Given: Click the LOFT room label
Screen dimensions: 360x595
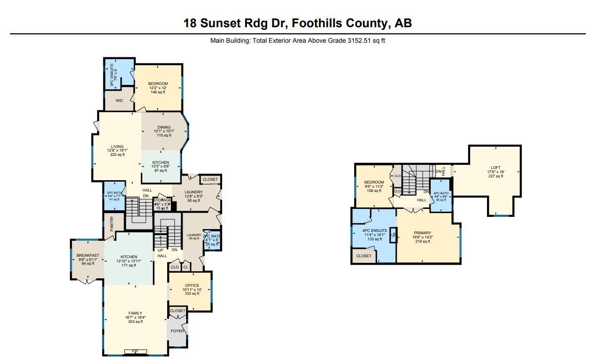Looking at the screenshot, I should [495, 168].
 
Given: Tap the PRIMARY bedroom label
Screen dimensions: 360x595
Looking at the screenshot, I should [422, 233].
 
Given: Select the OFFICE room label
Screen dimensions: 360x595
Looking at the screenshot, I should [192, 285].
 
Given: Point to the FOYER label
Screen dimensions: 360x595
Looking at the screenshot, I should [177, 331].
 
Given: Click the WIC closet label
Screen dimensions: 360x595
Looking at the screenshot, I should [119, 100].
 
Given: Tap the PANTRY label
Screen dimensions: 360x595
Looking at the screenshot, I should [112, 223].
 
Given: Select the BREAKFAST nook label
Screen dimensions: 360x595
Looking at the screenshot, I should [88, 255].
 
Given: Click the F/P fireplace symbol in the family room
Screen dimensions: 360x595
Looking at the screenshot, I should [135, 352].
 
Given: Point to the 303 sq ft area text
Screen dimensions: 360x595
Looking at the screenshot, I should [135, 322].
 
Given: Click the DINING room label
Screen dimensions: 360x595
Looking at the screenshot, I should [164, 127].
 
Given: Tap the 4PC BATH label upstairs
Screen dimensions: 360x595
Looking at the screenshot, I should [440, 193].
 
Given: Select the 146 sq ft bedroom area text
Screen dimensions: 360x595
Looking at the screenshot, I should [158, 92].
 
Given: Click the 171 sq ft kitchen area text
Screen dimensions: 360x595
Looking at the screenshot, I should [129, 265].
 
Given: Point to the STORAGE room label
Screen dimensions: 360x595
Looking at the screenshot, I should [162, 200].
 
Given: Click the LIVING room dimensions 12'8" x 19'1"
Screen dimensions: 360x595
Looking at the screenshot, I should [117, 150].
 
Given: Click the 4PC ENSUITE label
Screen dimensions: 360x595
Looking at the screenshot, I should [374, 230].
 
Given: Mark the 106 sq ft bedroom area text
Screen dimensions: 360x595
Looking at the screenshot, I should [374, 191].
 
